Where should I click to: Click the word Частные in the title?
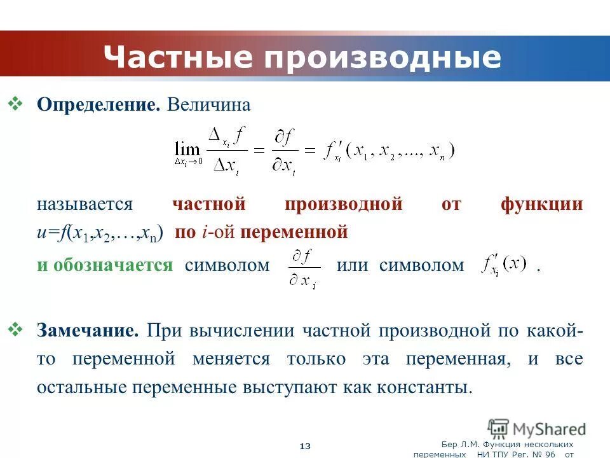(179, 57)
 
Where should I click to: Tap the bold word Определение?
(98, 105)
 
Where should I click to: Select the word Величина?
(209, 105)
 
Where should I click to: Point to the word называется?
(85, 204)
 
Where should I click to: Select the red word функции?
(541, 204)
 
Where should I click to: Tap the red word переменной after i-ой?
(294, 232)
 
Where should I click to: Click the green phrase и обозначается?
(104, 265)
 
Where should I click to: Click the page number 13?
(305, 447)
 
